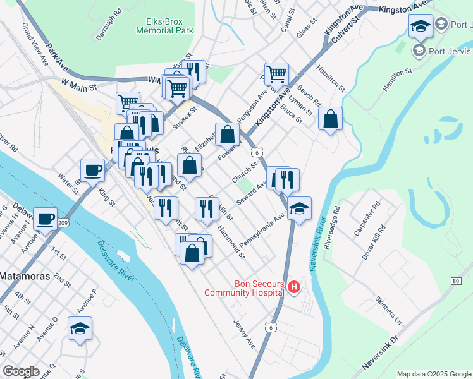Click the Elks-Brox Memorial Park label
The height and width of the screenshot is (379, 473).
coord(166,25)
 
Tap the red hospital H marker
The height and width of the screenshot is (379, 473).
coord(294,288)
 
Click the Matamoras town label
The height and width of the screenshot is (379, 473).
coord(21,276)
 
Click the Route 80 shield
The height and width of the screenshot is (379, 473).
coord(456,280)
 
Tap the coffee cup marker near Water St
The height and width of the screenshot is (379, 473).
coord(92,169)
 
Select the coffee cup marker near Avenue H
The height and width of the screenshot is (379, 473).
coord(45,218)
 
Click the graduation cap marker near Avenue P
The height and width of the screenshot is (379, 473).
coord(80,328)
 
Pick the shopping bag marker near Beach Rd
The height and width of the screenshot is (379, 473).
coord(330,118)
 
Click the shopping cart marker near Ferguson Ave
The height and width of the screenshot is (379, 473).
coord(276,74)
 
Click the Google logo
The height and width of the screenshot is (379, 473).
coord(21,371)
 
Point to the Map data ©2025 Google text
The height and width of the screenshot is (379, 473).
coord(433,374)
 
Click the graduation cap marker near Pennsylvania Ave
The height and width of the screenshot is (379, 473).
coord(299,208)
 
